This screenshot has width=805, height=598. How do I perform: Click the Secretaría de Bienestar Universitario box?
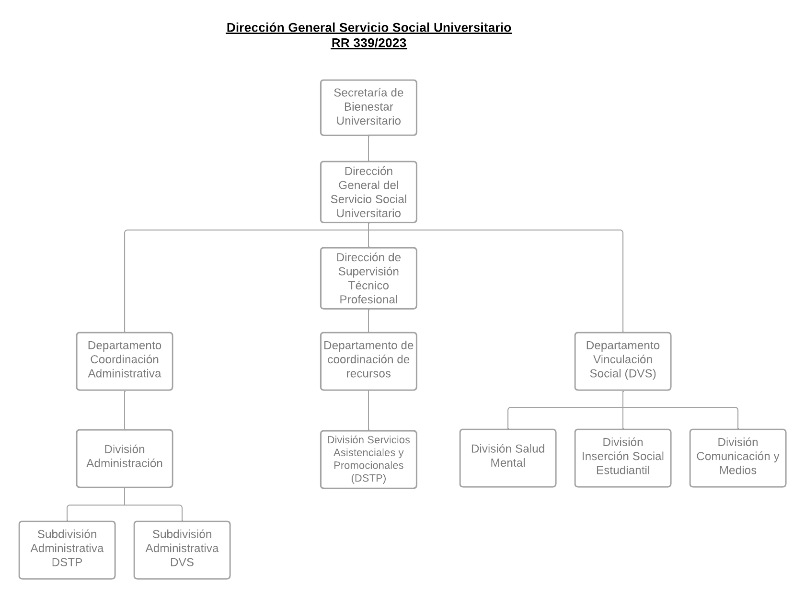tap(368, 107)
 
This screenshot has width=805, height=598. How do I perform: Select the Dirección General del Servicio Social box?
tap(368, 192)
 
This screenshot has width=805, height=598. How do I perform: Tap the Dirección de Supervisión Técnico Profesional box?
tap(368, 278)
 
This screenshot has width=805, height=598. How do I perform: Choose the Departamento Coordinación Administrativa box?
tap(125, 361)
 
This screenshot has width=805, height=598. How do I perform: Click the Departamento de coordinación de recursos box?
tap(368, 361)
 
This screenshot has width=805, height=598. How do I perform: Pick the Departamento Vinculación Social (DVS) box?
tap(622, 361)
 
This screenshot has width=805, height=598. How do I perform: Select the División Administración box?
tap(125, 458)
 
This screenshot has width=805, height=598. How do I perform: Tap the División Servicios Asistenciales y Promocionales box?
tap(368, 459)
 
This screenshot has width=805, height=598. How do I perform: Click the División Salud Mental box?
tap(507, 458)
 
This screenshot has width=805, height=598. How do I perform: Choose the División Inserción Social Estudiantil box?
tap(622, 458)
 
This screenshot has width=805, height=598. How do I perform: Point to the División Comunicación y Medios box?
tap(737, 458)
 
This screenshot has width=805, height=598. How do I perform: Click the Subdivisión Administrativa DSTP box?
tap(67, 550)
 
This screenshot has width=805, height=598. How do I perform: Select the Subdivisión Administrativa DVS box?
tap(182, 550)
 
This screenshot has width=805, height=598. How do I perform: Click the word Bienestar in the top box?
tap(368, 107)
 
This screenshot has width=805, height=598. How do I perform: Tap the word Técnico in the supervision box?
tap(368, 286)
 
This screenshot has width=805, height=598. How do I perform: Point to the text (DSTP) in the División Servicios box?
tap(368, 478)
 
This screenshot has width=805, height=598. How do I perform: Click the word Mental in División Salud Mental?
tap(507, 463)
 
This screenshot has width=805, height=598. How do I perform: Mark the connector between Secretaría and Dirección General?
tap(368, 149)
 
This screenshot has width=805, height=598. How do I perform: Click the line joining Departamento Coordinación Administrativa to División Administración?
tap(125, 410)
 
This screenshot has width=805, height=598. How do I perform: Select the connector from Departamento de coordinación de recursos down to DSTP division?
tap(368, 410)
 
